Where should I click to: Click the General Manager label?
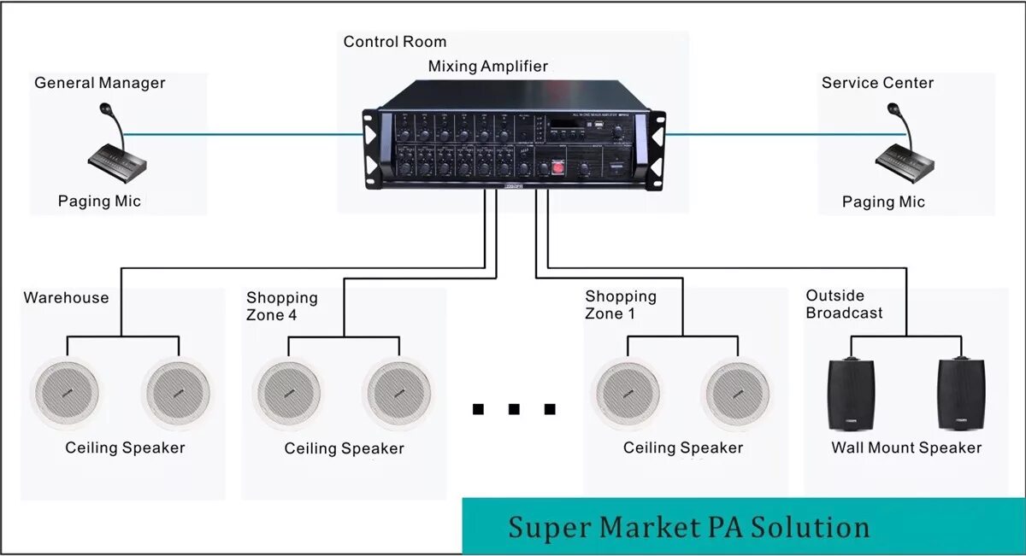tap(99, 83)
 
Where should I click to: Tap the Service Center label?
tap(877, 83)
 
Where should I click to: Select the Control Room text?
tap(394, 41)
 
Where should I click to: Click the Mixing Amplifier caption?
tap(487, 66)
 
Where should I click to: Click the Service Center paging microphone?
tap(902, 151)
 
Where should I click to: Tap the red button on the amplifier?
tap(558, 167)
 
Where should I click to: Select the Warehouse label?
tap(66, 297)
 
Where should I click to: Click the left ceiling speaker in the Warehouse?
tap(66, 392)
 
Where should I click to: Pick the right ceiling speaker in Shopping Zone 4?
tap(398, 394)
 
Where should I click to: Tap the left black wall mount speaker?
tap(851, 394)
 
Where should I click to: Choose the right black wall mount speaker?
tap(961, 394)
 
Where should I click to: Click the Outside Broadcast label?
tap(844, 304)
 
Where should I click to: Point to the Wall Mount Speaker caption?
tap(906, 448)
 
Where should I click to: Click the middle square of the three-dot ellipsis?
tap(514, 409)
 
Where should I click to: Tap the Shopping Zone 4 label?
tap(281, 306)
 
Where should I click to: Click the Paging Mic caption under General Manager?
tap(99, 202)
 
